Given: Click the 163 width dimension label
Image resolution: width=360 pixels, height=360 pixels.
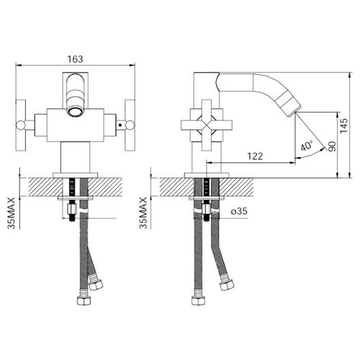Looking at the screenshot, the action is click(75, 59).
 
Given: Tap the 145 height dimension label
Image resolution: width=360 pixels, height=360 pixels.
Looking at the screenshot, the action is click(343, 125).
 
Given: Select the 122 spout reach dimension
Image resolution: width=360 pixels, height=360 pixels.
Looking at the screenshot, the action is click(255, 156).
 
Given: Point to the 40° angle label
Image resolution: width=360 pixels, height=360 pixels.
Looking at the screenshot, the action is click(307, 145).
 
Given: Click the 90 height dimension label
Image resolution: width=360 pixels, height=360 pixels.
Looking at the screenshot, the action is click(332, 146).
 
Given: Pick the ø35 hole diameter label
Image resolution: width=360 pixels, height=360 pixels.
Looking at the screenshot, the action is click(239, 211).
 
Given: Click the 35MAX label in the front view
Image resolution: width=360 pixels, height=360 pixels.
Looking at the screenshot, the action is click(11, 213).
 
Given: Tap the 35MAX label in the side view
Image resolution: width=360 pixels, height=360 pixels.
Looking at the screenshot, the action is click(143, 213).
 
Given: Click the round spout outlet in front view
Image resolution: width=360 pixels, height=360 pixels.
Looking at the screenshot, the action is click(75, 112).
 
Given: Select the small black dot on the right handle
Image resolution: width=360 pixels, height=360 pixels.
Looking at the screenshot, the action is click(120, 125).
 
